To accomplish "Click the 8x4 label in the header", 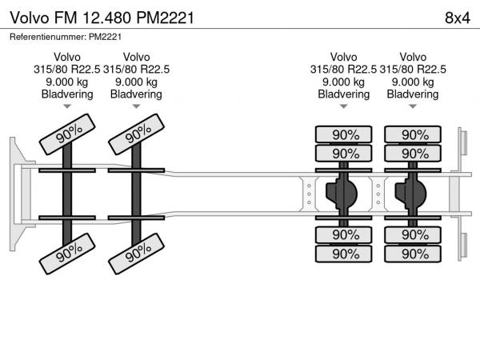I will coord(455,17).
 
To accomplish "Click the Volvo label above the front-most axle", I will coord(67,57).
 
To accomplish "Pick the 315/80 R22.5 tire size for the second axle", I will coord(137,69).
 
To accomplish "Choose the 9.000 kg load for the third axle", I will coord(344,82).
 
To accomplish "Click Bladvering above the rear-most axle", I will coord(413,94).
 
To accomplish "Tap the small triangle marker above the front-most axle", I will coord(67,106).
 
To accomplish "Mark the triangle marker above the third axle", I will coord(344,106).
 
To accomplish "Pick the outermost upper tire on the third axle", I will coord(345,134).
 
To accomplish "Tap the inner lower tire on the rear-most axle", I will coord(413,234).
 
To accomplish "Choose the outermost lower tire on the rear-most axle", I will coord(413,254).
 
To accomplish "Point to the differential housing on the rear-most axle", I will coord(413,194).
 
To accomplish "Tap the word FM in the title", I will coord(65,17).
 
